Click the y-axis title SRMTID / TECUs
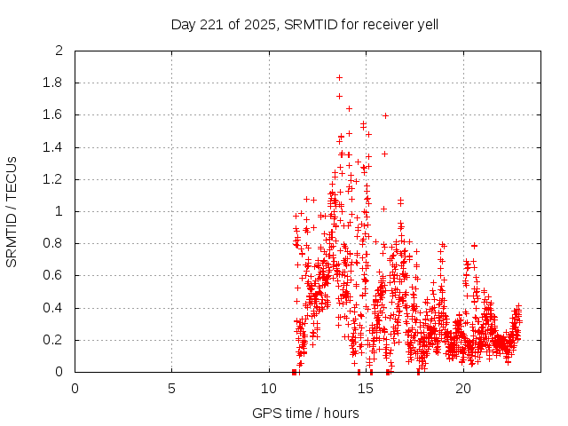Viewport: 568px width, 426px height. coord(12,211)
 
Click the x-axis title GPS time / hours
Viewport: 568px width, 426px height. coord(305,413)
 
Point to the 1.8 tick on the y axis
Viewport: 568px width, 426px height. coord(54,83)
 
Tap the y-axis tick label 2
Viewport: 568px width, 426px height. coord(59,51)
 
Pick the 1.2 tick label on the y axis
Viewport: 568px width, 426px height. coord(54,179)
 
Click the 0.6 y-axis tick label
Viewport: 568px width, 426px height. coord(54,276)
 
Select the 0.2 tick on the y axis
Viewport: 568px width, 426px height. coord(54,340)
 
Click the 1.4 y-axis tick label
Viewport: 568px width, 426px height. coord(54,147)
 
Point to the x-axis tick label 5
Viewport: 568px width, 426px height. coord(171,388)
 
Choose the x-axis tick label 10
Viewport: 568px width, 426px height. coord(269,388)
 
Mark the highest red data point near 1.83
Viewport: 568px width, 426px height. coord(339,77)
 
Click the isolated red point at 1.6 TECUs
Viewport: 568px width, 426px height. coord(385,115)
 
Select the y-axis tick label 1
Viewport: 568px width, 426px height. coord(59,211)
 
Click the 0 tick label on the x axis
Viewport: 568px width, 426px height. coord(75,388)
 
